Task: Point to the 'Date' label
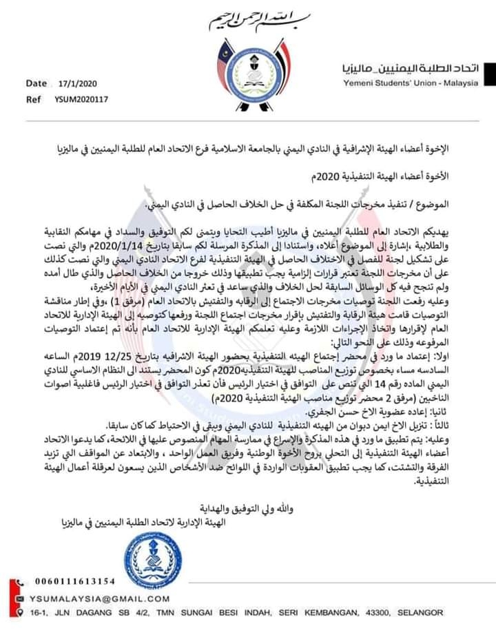(x=36, y=83)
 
